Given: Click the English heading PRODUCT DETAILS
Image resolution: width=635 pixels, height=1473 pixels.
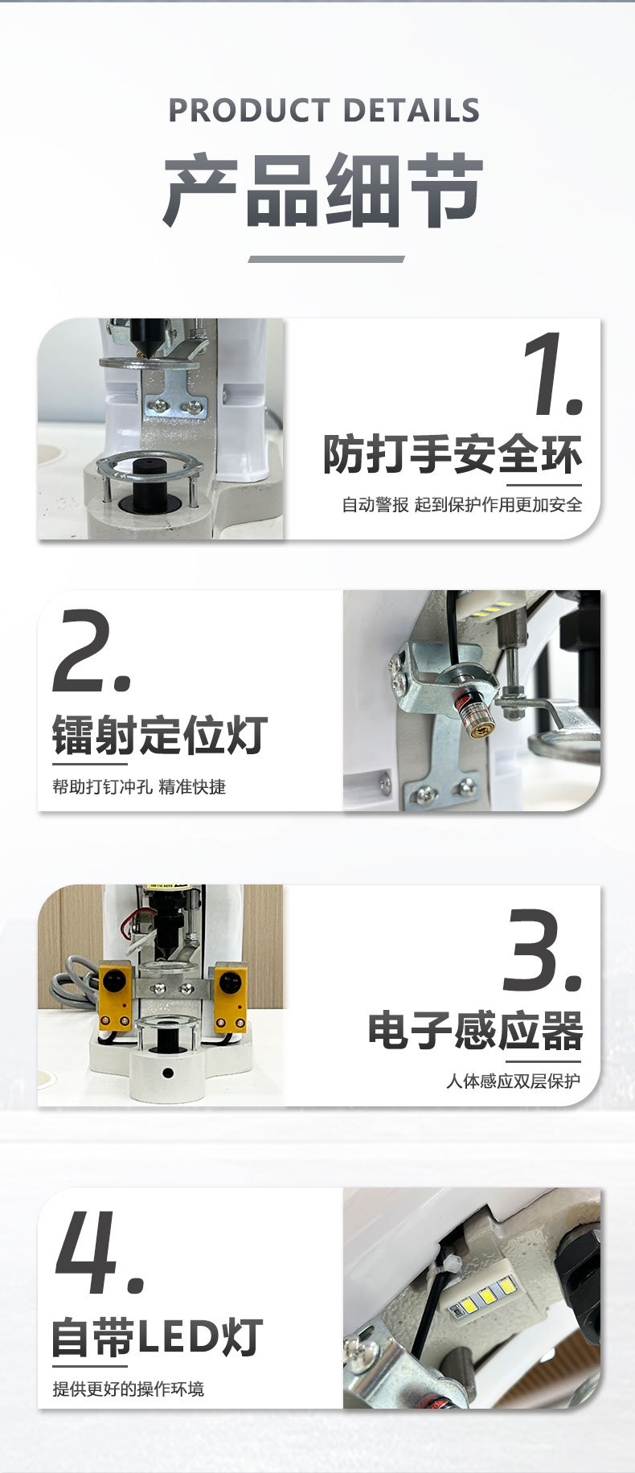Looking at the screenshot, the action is pyautogui.click(x=324, y=110).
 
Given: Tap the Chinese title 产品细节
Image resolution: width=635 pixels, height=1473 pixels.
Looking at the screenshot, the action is pyautogui.click(x=323, y=189).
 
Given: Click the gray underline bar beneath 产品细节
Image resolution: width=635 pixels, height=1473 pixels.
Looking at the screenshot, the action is pyautogui.click(x=326, y=259).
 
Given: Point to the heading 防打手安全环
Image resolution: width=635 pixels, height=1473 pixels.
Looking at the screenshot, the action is pyautogui.click(x=453, y=454).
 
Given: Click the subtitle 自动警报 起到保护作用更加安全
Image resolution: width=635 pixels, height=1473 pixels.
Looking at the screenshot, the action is pyautogui.click(x=461, y=505).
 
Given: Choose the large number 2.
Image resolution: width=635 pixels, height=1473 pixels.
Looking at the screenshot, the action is pyautogui.click(x=92, y=650).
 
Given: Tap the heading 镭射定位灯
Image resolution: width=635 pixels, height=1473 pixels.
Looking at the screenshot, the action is pyautogui.click(x=160, y=734).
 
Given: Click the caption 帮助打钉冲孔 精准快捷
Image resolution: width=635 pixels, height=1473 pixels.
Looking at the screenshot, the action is pyautogui.click(x=139, y=786).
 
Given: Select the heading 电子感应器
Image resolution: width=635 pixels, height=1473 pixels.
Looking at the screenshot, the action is pyautogui.click(x=475, y=1031).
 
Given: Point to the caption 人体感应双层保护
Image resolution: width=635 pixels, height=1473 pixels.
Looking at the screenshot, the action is pyautogui.click(x=513, y=1081).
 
